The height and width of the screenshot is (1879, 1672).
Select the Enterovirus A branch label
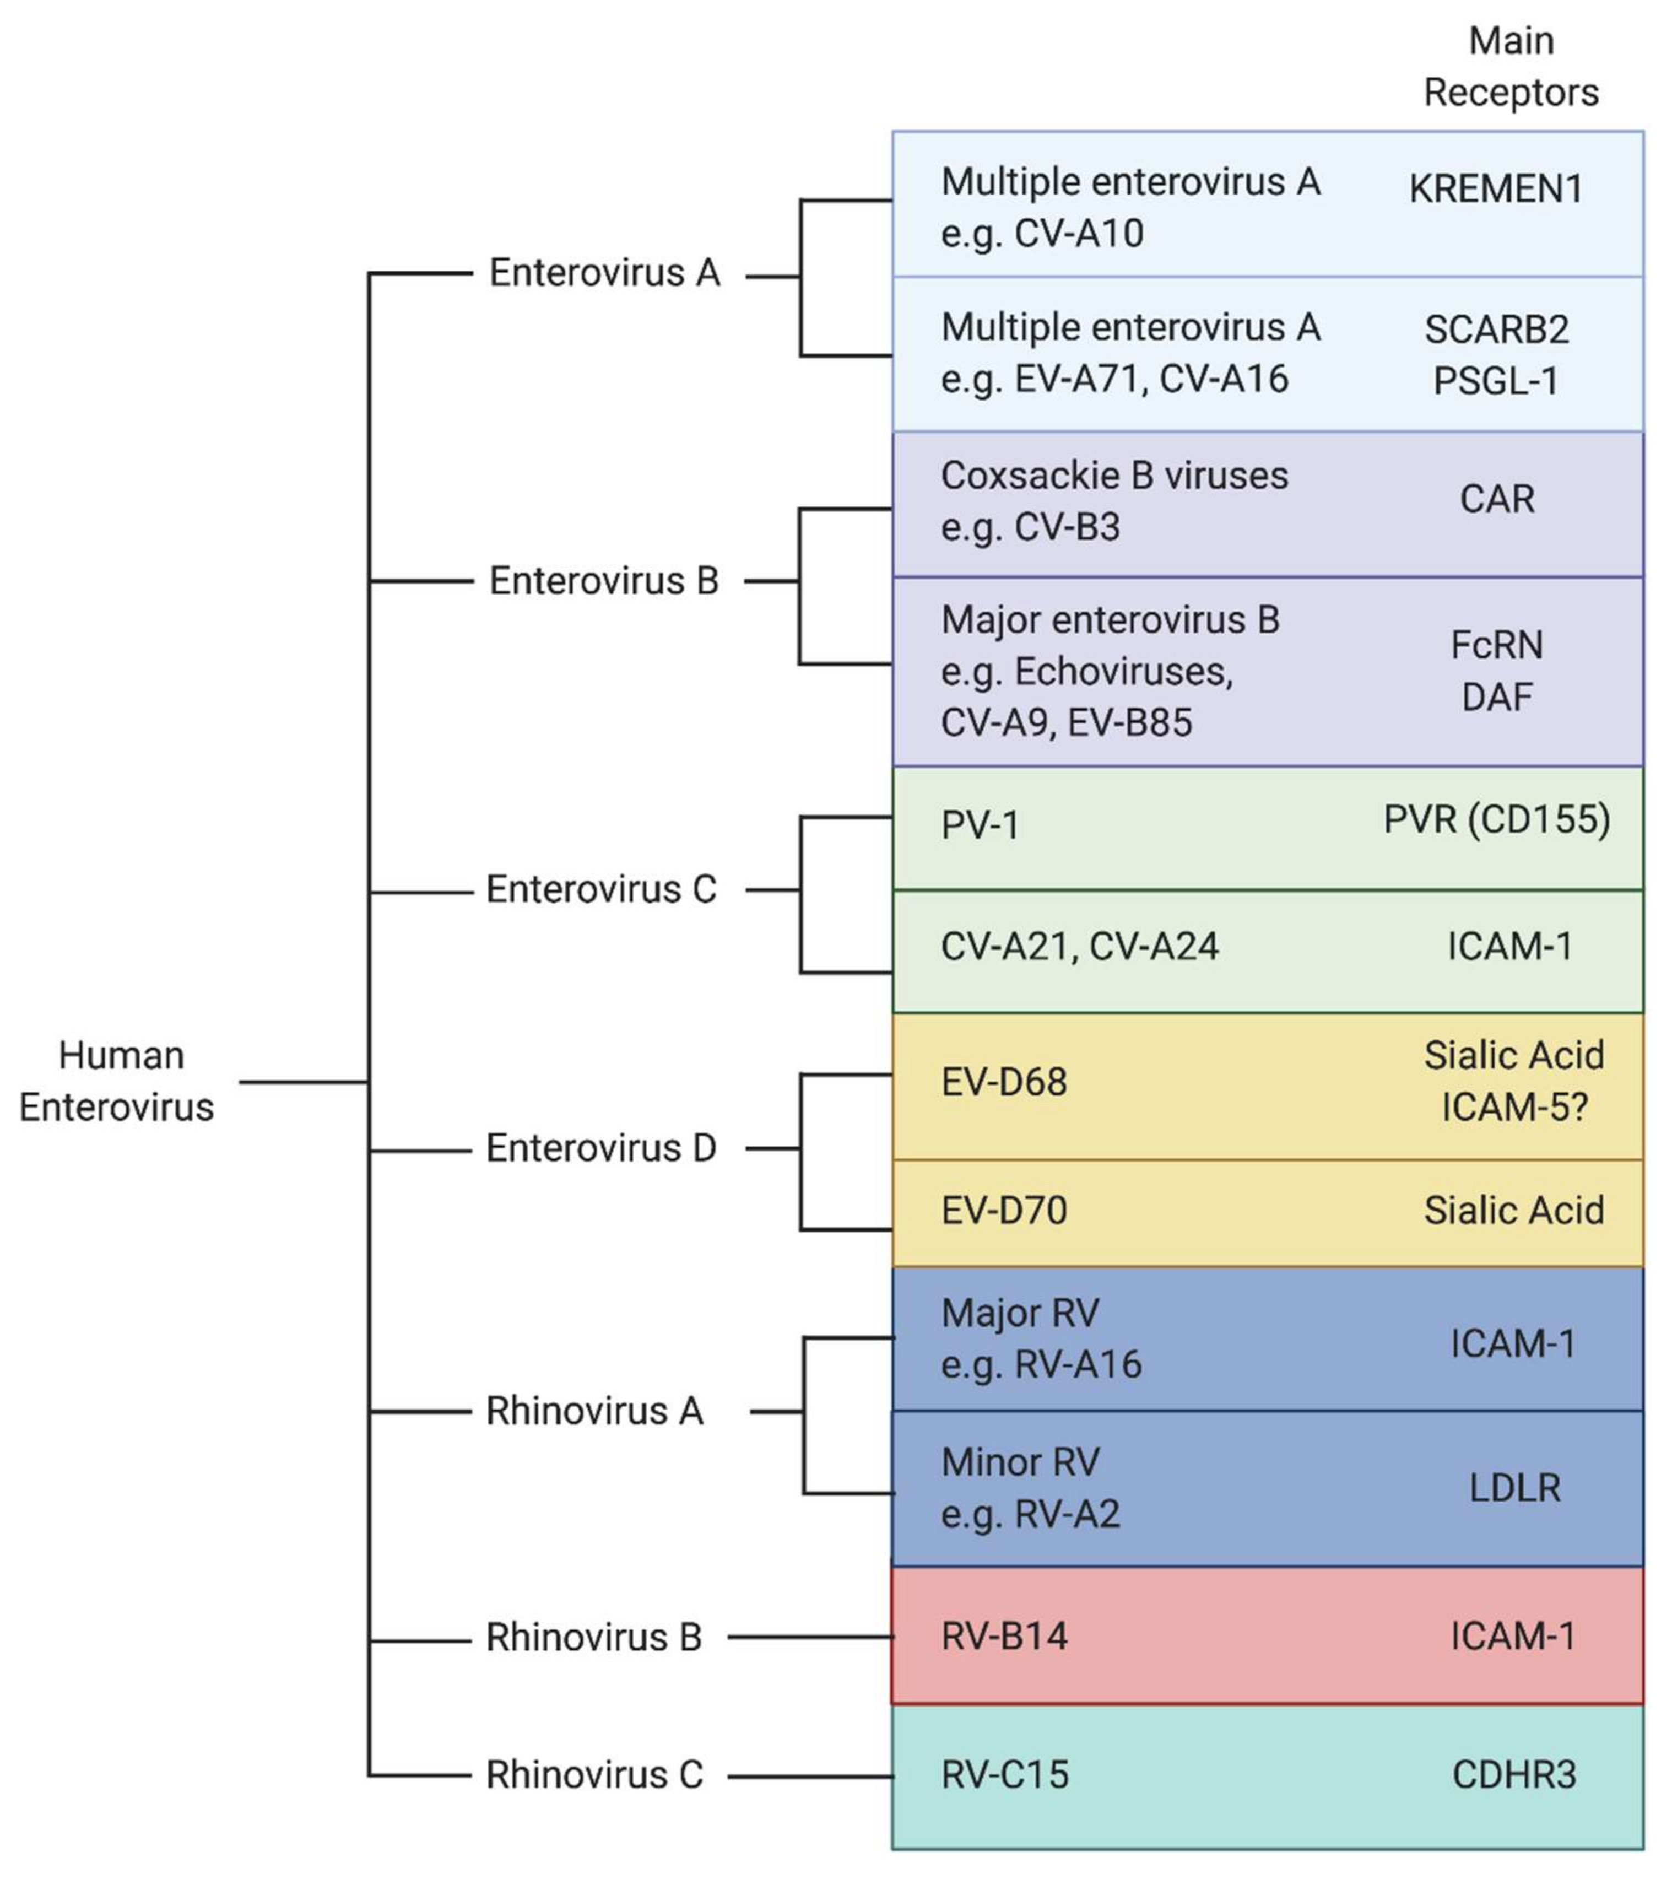(604, 273)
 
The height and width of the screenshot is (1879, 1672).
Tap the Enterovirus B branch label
(604, 581)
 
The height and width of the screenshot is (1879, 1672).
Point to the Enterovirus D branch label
(601, 1148)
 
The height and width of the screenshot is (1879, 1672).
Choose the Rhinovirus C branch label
(594, 1775)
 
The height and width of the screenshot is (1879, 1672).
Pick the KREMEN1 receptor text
(1496, 190)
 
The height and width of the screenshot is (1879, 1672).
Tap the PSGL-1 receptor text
(1496, 381)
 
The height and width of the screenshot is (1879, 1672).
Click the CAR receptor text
(1496, 499)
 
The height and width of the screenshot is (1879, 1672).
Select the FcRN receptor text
(1496, 645)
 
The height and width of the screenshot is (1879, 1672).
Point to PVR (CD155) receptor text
(1496, 819)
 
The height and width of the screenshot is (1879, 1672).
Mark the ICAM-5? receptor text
(1514, 1108)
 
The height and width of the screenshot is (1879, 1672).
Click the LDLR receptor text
(1514, 1487)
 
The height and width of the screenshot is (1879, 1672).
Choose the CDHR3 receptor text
(1514, 1775)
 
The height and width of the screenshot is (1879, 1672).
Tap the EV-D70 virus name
(1004, 1211)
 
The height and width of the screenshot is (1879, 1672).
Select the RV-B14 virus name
(1004, 1637)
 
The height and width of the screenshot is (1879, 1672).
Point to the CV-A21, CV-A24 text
(1079, 947)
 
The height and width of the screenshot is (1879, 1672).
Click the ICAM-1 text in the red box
(1513, 1637)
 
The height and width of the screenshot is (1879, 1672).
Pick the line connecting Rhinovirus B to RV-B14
(809, 1637)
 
